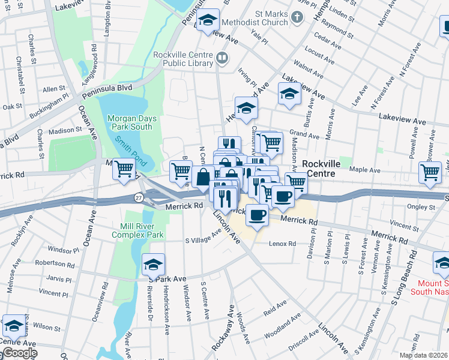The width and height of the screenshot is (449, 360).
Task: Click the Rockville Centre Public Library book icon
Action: coord(222,58)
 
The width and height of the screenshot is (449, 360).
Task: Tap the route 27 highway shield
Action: coord(139,197)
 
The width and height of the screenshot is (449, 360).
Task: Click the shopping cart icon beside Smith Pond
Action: coord(124,170)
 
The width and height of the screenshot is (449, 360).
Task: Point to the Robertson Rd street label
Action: coord(54,263)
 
